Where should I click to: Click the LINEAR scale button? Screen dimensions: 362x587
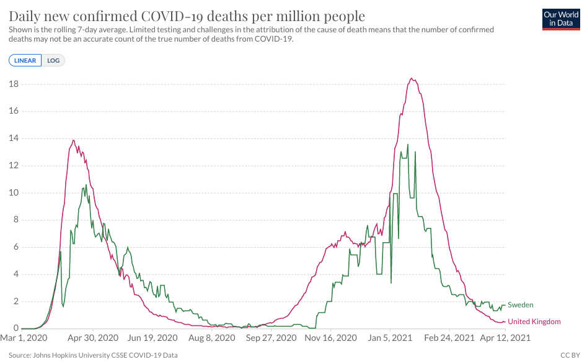point(25,60)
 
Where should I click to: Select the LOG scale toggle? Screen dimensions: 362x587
point(53,60)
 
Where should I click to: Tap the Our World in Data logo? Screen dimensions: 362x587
point(560,19)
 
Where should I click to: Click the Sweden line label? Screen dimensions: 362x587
point(520,305)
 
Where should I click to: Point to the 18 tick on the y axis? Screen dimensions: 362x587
point(13,84)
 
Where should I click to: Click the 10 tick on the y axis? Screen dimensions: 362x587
point(13,192)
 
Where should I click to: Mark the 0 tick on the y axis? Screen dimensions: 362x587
point(15,328)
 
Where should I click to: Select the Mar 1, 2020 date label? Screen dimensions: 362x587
point(24,338)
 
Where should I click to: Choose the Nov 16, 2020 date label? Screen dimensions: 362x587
point(332,338)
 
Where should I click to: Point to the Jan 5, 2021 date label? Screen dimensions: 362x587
point(391,338)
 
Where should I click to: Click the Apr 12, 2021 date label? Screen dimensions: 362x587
point(505,338)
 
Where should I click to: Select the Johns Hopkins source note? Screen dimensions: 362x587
point(93,355)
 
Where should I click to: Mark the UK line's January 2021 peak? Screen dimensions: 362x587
point(412,79)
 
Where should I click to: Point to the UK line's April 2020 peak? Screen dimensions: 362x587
point(74,140)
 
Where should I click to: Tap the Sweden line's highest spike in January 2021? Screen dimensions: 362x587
point(408,145)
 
